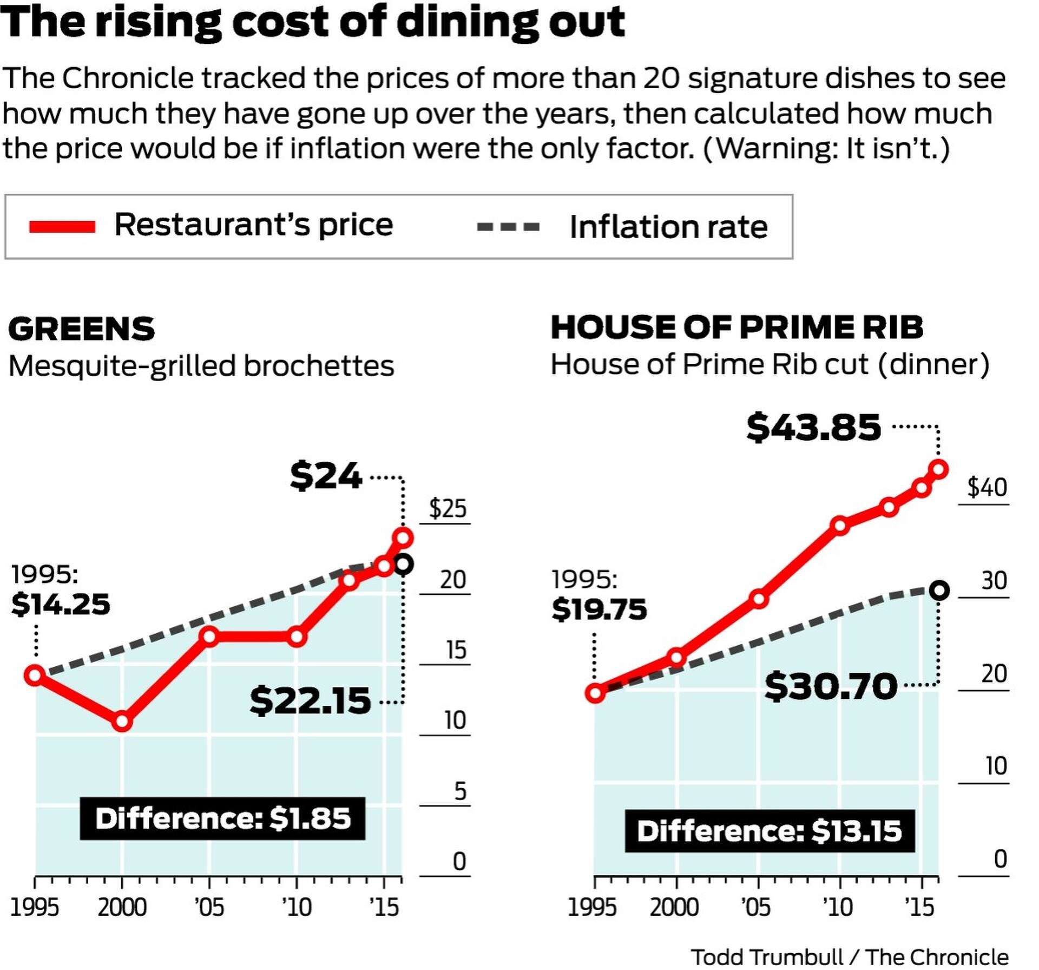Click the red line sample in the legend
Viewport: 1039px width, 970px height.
point(62,226)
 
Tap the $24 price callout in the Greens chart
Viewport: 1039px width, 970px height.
point(326,476)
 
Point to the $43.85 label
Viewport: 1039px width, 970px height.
point(813,427)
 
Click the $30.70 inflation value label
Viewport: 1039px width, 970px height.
point(831,686)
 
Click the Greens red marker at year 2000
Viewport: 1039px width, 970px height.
point(122,721)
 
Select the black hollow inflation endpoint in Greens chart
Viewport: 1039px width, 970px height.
point(403,565)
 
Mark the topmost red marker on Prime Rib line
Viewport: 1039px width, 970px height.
point(938,469)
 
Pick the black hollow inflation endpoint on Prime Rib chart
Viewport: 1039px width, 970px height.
point(939,590)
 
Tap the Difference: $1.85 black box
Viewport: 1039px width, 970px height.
point(222,818)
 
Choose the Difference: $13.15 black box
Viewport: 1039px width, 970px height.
point(769,831)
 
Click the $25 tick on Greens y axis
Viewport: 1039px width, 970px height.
point(447,509)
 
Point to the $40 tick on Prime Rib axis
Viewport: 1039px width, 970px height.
point(987,487)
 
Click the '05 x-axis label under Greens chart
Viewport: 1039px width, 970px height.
point(209,907)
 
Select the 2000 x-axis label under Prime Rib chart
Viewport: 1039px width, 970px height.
point(674,907)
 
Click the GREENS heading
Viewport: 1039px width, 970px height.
point(82,329)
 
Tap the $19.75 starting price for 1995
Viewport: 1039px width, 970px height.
point(599,609)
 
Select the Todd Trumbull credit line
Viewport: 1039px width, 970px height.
point(849,957)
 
